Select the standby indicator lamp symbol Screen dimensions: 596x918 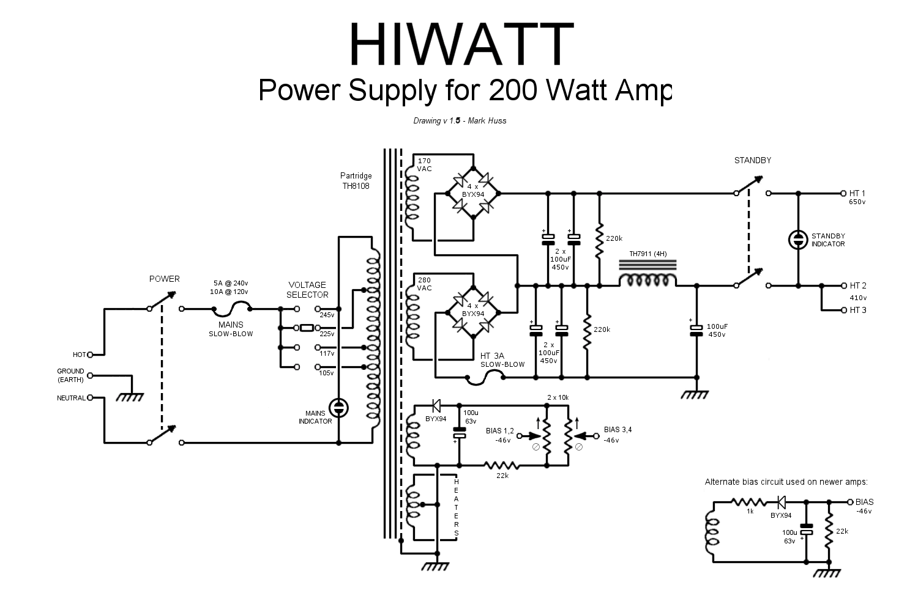tap(798, 240)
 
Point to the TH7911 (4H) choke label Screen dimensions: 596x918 tap(647, 254)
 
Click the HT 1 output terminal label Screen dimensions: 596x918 tap(857, 193)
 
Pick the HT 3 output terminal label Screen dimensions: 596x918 tap(857, 310)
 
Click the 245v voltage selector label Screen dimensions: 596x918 tap(327, 315)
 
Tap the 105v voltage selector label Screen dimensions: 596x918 tap(327, 373)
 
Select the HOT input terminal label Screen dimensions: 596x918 tap(79, 355)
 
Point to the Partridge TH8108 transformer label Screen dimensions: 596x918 tap(356, 180)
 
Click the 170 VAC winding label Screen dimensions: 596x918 tap(424, 164)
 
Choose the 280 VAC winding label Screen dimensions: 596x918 tap(424, 284)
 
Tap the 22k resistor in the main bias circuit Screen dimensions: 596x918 tap(502, 466)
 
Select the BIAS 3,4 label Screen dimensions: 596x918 tap(618, 430)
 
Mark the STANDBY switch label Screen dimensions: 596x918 tap(752, 160)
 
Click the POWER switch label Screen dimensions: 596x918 tap(165, 279)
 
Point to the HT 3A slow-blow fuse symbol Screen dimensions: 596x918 tap(485, 378)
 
